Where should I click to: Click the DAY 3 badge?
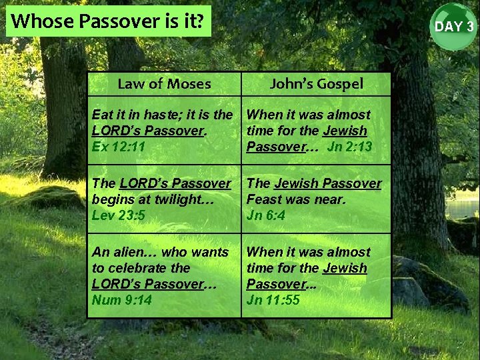(454, 27)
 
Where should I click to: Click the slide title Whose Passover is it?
(107, 21)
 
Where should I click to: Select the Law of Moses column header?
(164, 84)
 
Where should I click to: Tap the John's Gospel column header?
(316, 84)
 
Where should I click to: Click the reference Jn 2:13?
(349, 147)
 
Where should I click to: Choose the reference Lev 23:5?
(119, 215)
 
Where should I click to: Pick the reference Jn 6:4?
(265, 215)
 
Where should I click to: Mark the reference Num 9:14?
(122, 300)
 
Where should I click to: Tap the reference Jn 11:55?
(273, 300)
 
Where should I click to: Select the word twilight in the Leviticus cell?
(177, 199)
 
